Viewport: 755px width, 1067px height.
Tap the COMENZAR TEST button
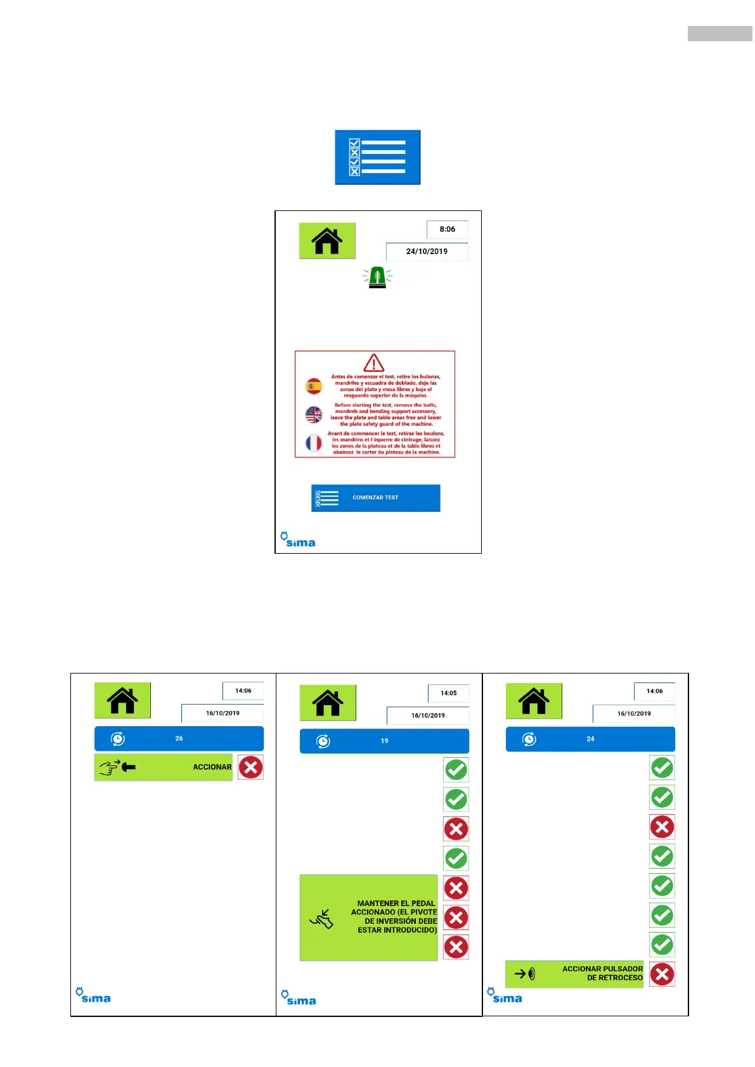click(x=375, y=498)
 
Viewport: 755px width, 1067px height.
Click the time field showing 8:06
click(x=447, y=229)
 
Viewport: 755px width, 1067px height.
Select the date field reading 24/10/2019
click(x=427, y=252)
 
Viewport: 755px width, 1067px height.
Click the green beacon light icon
click(x=377, y=278)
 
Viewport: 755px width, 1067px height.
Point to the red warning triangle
click(x=374, y=363)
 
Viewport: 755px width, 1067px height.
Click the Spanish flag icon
click(x=314, y=386)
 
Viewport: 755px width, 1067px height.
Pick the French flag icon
click(x=314, y=443)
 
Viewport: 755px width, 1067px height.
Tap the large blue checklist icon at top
click(x=377, y=157)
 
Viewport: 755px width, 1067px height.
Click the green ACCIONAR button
click(x=164, y=767)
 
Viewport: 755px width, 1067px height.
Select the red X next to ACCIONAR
click(x=251, y=767)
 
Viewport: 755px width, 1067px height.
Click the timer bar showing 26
click(x=179, y=739)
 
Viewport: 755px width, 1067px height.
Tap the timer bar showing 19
click(x=384, y=741)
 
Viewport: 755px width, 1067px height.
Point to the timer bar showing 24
click(x=590, y=739)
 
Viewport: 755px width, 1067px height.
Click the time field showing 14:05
click(x=448, y=693)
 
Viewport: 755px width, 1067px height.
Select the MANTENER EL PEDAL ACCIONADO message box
click(x=368, y=917)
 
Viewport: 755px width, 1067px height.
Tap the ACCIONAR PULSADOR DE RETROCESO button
click(x=574, y=974)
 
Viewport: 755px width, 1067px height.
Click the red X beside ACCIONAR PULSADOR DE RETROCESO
click(x=662, y=974)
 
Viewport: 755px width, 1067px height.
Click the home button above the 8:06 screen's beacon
click(x=327, y=241)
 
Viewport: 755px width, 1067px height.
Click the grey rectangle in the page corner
click(x=720, y=34)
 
